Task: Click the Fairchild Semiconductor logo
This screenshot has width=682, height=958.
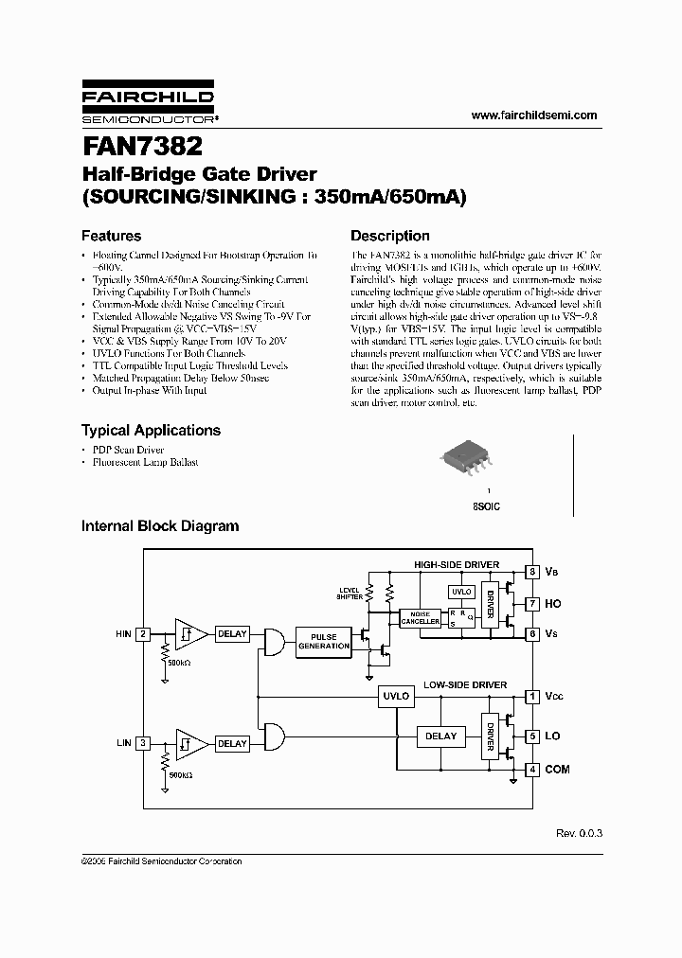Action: click(x=148, y=105)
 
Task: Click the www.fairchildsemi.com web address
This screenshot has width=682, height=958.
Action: click(x=534, y=115)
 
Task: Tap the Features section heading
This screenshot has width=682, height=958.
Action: click(x=111, y=236)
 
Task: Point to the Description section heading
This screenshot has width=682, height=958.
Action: click(x=389, y=236)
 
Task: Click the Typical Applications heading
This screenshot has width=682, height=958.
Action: click(x=151, y=430)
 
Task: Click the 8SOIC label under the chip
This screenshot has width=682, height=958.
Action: click(x=487, y=506)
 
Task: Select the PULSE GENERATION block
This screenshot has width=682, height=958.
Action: click(x=324, y=641)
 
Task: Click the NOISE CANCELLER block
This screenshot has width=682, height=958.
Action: click(x=420, y=617)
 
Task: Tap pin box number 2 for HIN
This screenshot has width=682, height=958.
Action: click(x=143, y=634)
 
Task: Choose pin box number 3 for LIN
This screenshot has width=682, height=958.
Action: click(x=143, y=743)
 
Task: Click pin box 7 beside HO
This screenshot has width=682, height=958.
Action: click(x=533, y=603)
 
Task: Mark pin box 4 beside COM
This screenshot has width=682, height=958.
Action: click(x=533, y=769)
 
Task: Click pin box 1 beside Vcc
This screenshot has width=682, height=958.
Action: click(x=533, y=696)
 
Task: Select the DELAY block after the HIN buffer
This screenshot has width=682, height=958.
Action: click(x=232, y=634)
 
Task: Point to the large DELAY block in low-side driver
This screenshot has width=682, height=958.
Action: click(x=440, y=736)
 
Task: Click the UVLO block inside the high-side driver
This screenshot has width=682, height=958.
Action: click(x=461, y=592)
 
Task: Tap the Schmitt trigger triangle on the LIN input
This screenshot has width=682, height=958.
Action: click(x=188, y=743)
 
